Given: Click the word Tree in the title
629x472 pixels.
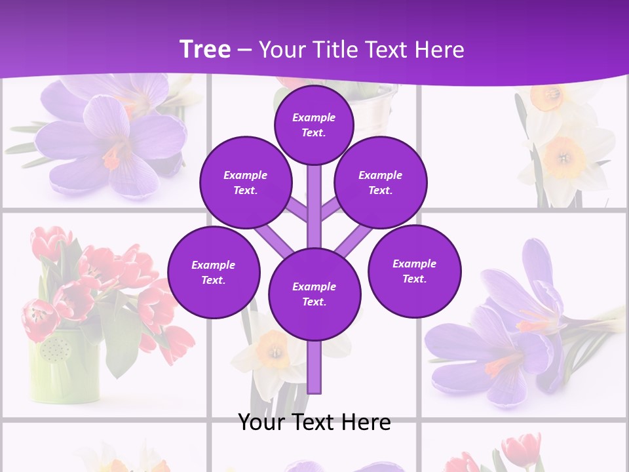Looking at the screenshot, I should [205, 50].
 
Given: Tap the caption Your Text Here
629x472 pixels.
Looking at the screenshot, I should [314, 422].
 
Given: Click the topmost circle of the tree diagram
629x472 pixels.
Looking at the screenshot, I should [314, 125].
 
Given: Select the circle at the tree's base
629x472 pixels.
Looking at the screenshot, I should [314, 294].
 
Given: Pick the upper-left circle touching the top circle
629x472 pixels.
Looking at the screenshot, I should [246, 183].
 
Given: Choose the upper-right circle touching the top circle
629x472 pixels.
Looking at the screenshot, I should [380, 183].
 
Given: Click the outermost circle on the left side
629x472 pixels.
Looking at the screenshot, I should [214, 273].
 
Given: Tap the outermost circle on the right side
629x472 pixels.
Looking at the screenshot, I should [414, 271].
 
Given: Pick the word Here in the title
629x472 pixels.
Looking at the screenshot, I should [438, 50].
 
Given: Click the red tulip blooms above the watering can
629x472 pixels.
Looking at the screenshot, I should [98, 275].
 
